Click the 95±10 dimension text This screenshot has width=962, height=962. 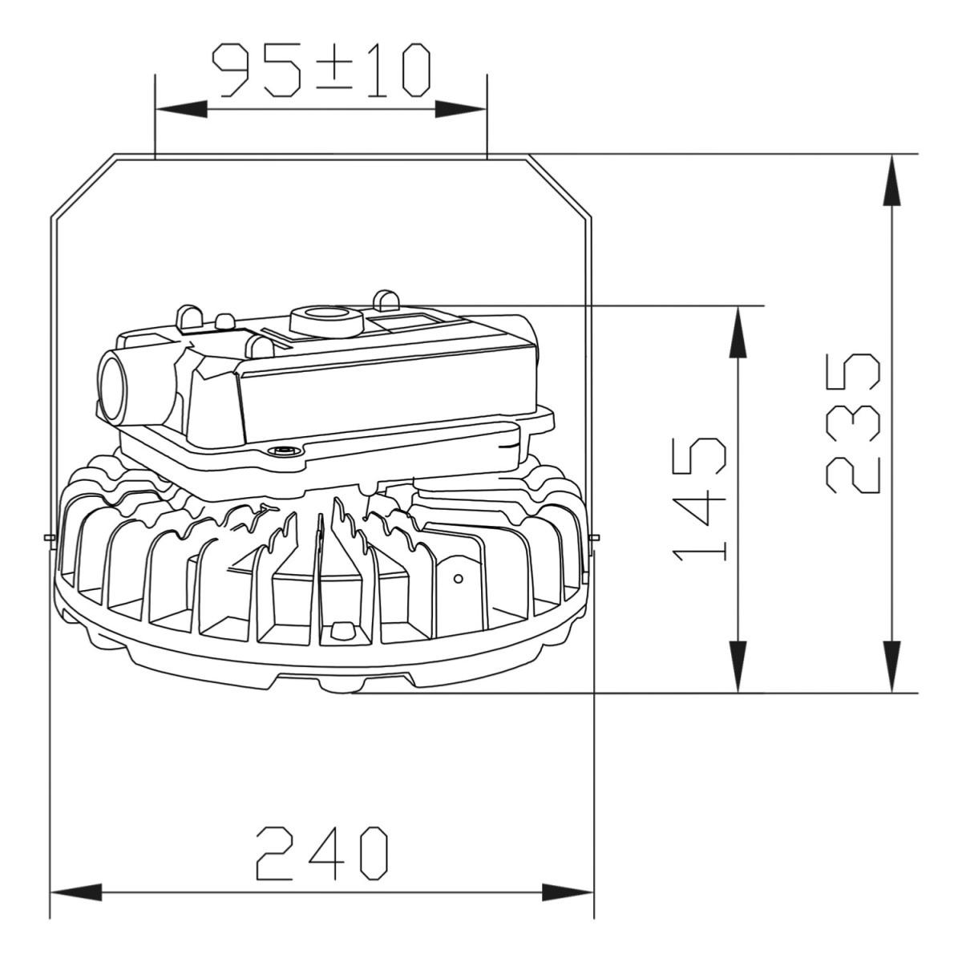tap(321, 71)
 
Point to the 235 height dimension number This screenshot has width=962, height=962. tap(853, 424)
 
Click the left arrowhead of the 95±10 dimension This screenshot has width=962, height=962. tap(181, 109)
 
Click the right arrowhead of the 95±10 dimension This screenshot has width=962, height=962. tap(460, 109)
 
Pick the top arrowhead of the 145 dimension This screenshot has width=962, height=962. tap(738, 333)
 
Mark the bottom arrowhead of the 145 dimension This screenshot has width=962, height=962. tap(738, 666)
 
